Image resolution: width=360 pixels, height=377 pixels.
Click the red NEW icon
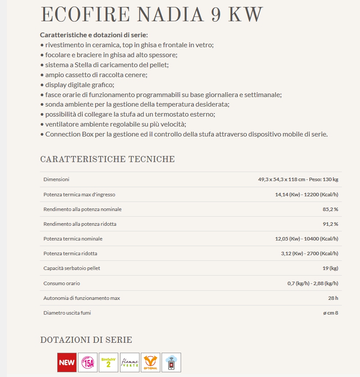[67, 362]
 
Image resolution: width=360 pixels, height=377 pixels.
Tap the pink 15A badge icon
[88, 362]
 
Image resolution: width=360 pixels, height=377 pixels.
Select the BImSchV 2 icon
[108, 362]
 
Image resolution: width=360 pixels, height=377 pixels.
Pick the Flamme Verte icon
[130, 362]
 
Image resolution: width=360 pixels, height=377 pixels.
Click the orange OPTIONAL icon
[150, 362]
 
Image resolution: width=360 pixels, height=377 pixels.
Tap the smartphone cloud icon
[171, 362]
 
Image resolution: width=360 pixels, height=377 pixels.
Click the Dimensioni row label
[56, 179]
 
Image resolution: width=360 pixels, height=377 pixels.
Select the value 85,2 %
[330, 209]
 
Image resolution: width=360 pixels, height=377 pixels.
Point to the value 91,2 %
[330, 224]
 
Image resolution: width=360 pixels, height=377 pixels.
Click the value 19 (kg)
[330, 268]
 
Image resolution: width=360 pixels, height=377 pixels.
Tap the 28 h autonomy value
[333, 298]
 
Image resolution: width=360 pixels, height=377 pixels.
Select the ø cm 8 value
[331, 313]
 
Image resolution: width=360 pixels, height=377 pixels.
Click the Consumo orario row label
[62, 283]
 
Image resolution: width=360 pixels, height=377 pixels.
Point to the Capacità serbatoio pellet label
[71, 268]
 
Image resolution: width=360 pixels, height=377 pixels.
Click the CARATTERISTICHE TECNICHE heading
[107, 159]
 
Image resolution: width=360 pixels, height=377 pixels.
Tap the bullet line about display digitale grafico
[80, 85]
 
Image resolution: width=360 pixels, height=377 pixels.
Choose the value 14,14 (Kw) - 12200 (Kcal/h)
[306, 195]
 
